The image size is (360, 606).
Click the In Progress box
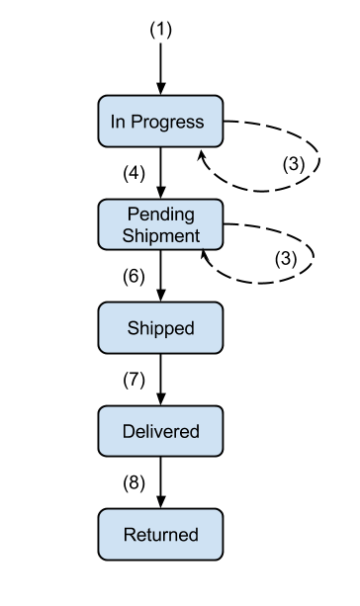pyautogui.click(x=160, y=122)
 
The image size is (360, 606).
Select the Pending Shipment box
pyautogui.click(x=160, y=224)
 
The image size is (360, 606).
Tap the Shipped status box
pyautogui.click(x=160, y=328)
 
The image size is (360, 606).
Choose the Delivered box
pyautogui.click(x=160, y=431)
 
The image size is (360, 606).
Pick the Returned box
pyautogui.click(x=160, y=535)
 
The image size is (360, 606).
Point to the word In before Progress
pyautogui.click(x=118, y=122)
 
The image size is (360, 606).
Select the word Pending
pyautogui.click(x=160, y=215)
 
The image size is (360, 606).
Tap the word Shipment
pyautogui.click(x=160, y=235)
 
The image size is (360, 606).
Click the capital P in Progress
pyautogui.click(x=139, y=122)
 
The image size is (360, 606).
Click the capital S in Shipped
pyautogui.click(x=133, y=328)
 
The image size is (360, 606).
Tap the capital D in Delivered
pyautogui.click(x=128, y=431)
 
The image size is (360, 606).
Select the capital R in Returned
pyautogui.click(x=129, y=535)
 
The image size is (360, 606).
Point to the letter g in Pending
pyautogui.click(x=188, y=216)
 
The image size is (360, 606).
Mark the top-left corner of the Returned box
pyautogui.click(x=101, y=512)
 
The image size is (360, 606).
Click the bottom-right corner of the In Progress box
pyautogui.click(x=221, y=144)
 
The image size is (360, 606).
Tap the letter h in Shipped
pyautogui.click(x=142, y=328)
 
